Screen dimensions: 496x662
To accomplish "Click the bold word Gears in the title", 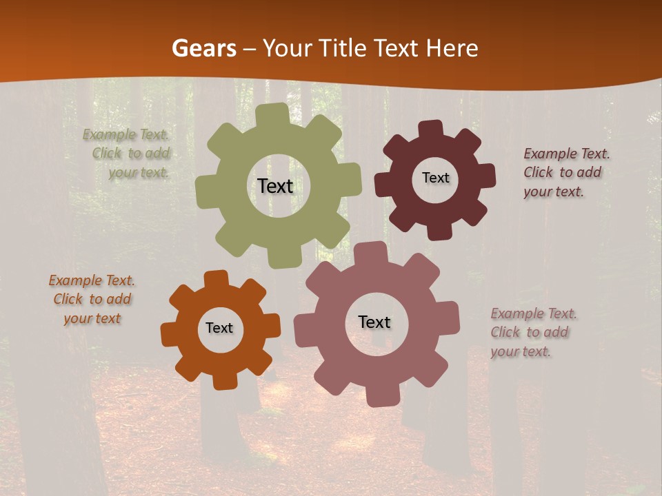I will coord(204,48).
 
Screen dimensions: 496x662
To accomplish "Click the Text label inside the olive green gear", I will coord(275,186).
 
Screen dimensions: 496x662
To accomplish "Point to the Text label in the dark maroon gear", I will coord(435,178).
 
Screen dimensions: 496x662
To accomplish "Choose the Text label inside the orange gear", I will coord(219,328).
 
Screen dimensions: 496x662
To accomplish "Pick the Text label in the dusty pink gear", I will coord(374,322).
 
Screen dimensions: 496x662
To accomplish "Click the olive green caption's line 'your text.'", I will coord(139,173).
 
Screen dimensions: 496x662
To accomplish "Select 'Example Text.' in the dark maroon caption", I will coord(566,154).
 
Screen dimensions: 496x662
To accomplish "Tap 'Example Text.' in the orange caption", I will coord(92,280).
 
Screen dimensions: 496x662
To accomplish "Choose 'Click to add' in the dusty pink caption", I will coord(530,332).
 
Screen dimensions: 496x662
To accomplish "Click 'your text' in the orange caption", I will coord(92,318).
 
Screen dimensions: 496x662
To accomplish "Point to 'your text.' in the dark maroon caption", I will coord(554,192).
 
